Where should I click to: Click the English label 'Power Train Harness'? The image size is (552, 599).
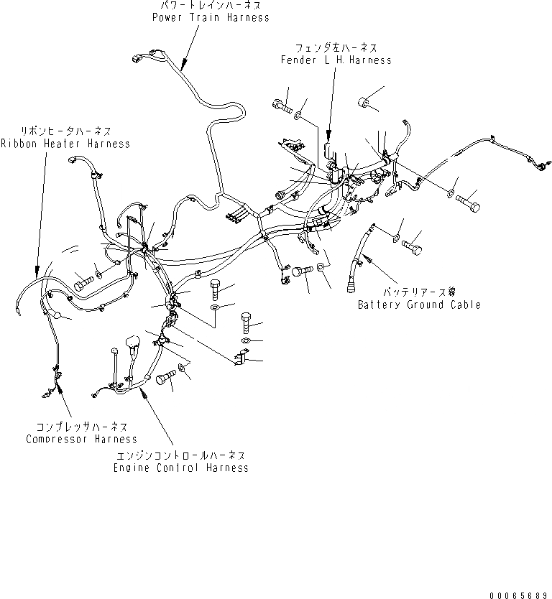coord(211,17)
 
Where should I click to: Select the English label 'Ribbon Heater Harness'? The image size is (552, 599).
coord(65,144)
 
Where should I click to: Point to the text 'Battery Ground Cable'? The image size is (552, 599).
coord(419,305)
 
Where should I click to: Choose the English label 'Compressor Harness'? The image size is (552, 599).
coord(81,439)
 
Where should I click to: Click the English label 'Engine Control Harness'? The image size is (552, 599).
coord(180,468)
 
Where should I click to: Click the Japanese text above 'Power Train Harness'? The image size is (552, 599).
coord(211,6)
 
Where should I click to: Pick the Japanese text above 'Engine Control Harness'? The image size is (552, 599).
coord(180,455)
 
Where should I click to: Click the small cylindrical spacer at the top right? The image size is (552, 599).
coord(365,101)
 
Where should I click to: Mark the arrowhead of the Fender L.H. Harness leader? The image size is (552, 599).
coord(328,135)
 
